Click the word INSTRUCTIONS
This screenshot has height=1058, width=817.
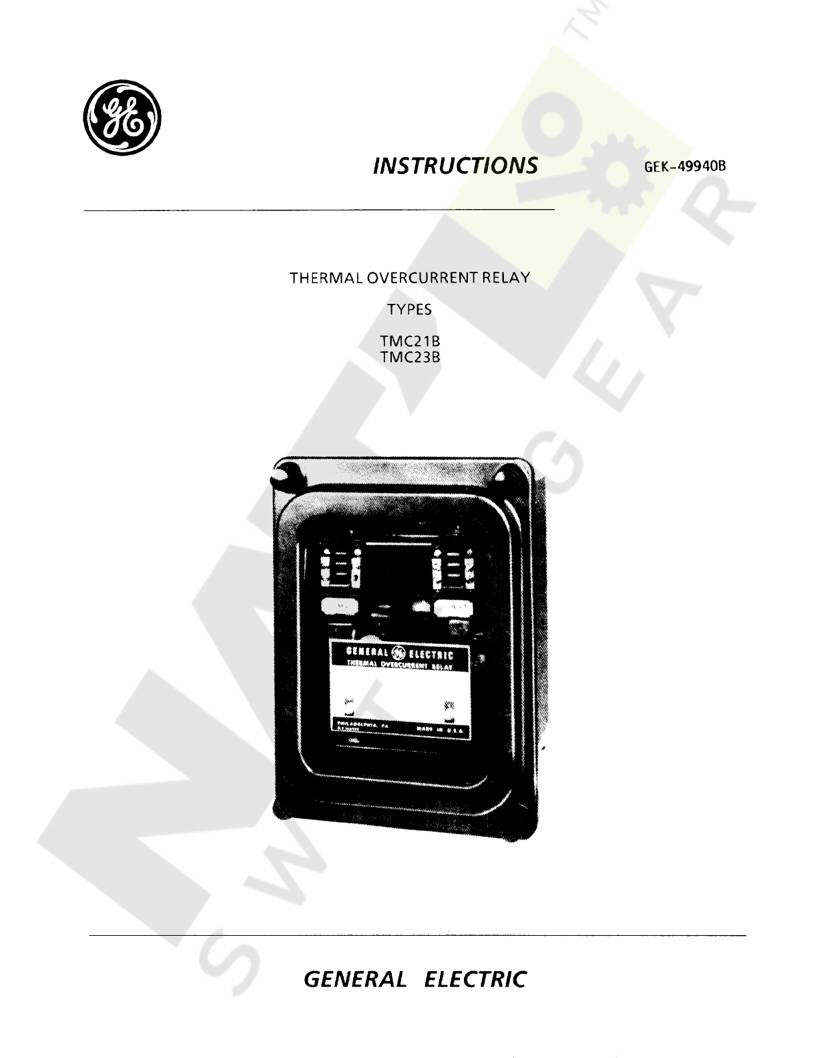tap(455, 165)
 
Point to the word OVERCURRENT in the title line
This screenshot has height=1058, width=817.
tap(422, 278)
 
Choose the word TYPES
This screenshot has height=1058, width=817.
tap(409, 310)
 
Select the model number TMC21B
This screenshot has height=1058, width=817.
tap(410, 343)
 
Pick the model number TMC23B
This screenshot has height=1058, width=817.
tap(410, 357)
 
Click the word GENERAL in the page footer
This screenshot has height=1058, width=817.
tap(354, 980)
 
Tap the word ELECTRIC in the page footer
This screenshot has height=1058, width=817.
tap(475, 980)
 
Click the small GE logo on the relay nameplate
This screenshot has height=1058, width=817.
tap(398, 653)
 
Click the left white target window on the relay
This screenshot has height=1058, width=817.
tap(337, 606)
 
